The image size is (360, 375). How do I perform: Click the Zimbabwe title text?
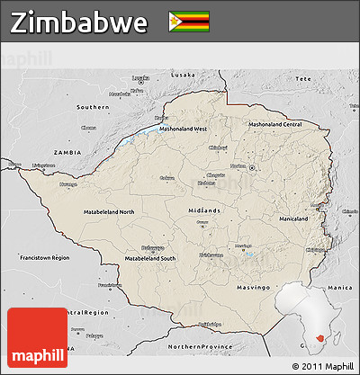[78, 22]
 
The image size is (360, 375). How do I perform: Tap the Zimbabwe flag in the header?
[188, 22]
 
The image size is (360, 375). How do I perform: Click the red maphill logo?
[37, 337]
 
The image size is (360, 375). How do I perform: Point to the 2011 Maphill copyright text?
[322, 366]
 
